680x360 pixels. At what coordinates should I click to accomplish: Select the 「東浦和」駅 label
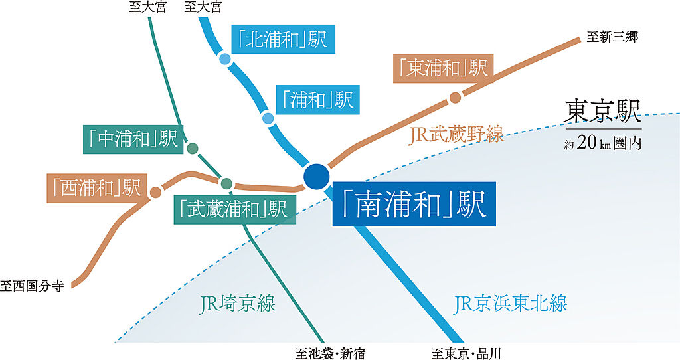[441, 68]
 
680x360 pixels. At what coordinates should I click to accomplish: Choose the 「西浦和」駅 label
[96, 188]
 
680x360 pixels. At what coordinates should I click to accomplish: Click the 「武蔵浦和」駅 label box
[234, 209]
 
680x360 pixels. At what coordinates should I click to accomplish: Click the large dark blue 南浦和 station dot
[315, 176]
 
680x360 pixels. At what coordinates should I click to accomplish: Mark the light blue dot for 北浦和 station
[224, 60]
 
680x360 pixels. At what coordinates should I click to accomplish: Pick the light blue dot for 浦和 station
[268, 119]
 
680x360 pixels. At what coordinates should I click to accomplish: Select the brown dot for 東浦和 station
[455, 98]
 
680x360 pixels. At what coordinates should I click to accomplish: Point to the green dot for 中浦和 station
[193, 149]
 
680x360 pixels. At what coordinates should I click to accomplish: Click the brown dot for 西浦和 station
[155, 192]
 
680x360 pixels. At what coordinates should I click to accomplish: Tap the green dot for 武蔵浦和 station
[226, 183]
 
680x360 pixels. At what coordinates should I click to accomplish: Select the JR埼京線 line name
[237, 305]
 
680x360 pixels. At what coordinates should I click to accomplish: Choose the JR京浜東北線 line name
[511, 304]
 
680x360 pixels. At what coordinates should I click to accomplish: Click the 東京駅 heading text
[602, 112]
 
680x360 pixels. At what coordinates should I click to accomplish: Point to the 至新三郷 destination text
[612, 37]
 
